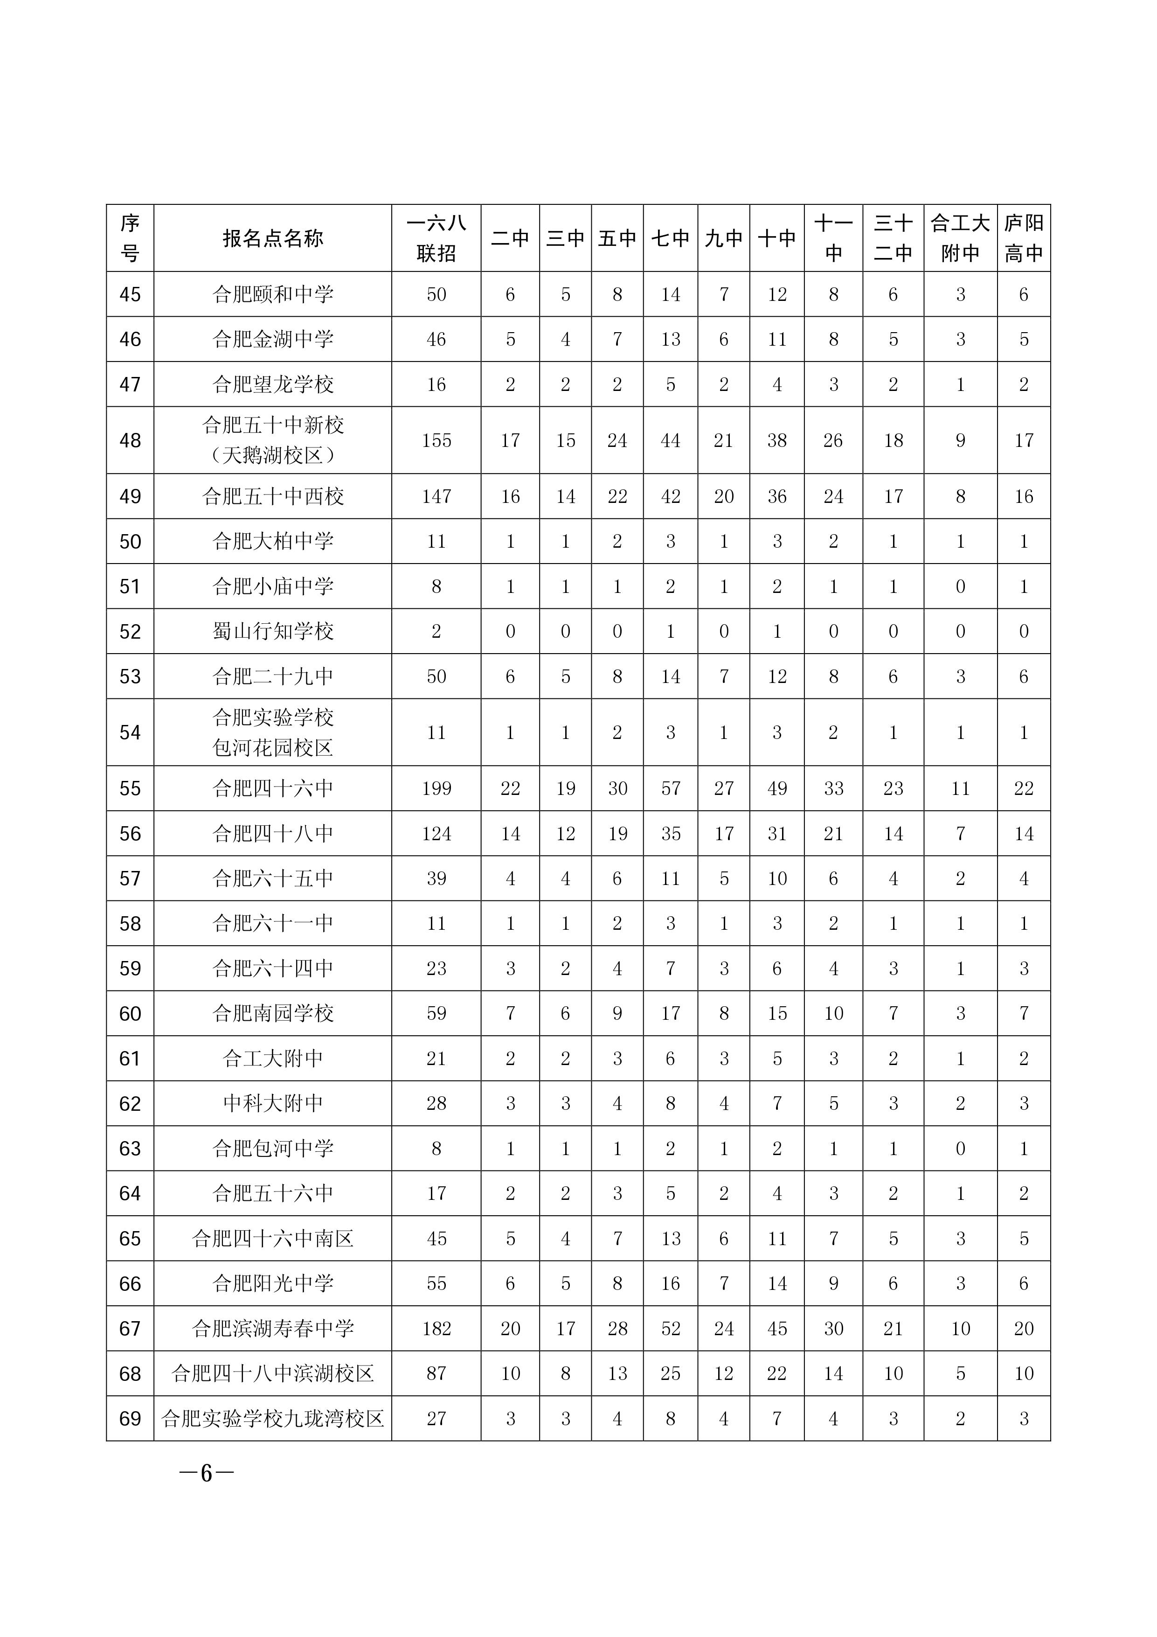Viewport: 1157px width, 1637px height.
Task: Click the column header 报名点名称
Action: pos(272,238)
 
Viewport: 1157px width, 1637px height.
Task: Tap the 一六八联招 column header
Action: pos(436,238)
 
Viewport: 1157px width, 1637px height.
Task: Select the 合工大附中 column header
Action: pos(960,238)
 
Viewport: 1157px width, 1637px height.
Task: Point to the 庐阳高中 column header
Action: pos(1023,238)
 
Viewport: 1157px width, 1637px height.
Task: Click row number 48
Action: pos(130,440)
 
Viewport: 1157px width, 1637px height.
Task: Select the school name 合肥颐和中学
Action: pos(272,294)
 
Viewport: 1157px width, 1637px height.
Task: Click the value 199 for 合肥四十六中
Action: pos(436,788)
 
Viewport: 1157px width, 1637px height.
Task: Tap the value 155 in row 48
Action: pos(436,440)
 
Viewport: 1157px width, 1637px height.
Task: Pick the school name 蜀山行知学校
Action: pos(272,632)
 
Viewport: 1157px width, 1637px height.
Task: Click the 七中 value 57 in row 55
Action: pos(670,788)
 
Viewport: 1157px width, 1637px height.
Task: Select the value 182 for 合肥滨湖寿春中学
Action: pos(436,1329)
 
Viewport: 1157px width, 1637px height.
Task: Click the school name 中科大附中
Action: pos(272,1104)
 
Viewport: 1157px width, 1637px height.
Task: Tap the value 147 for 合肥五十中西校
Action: pos(436,497)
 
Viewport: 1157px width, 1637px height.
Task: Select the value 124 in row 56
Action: pos(436,834)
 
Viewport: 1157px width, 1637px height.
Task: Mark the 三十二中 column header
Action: pos(893,238)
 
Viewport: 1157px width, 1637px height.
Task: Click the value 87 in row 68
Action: pos(436,1374)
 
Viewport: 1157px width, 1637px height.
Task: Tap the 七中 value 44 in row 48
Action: pos(670,440)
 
